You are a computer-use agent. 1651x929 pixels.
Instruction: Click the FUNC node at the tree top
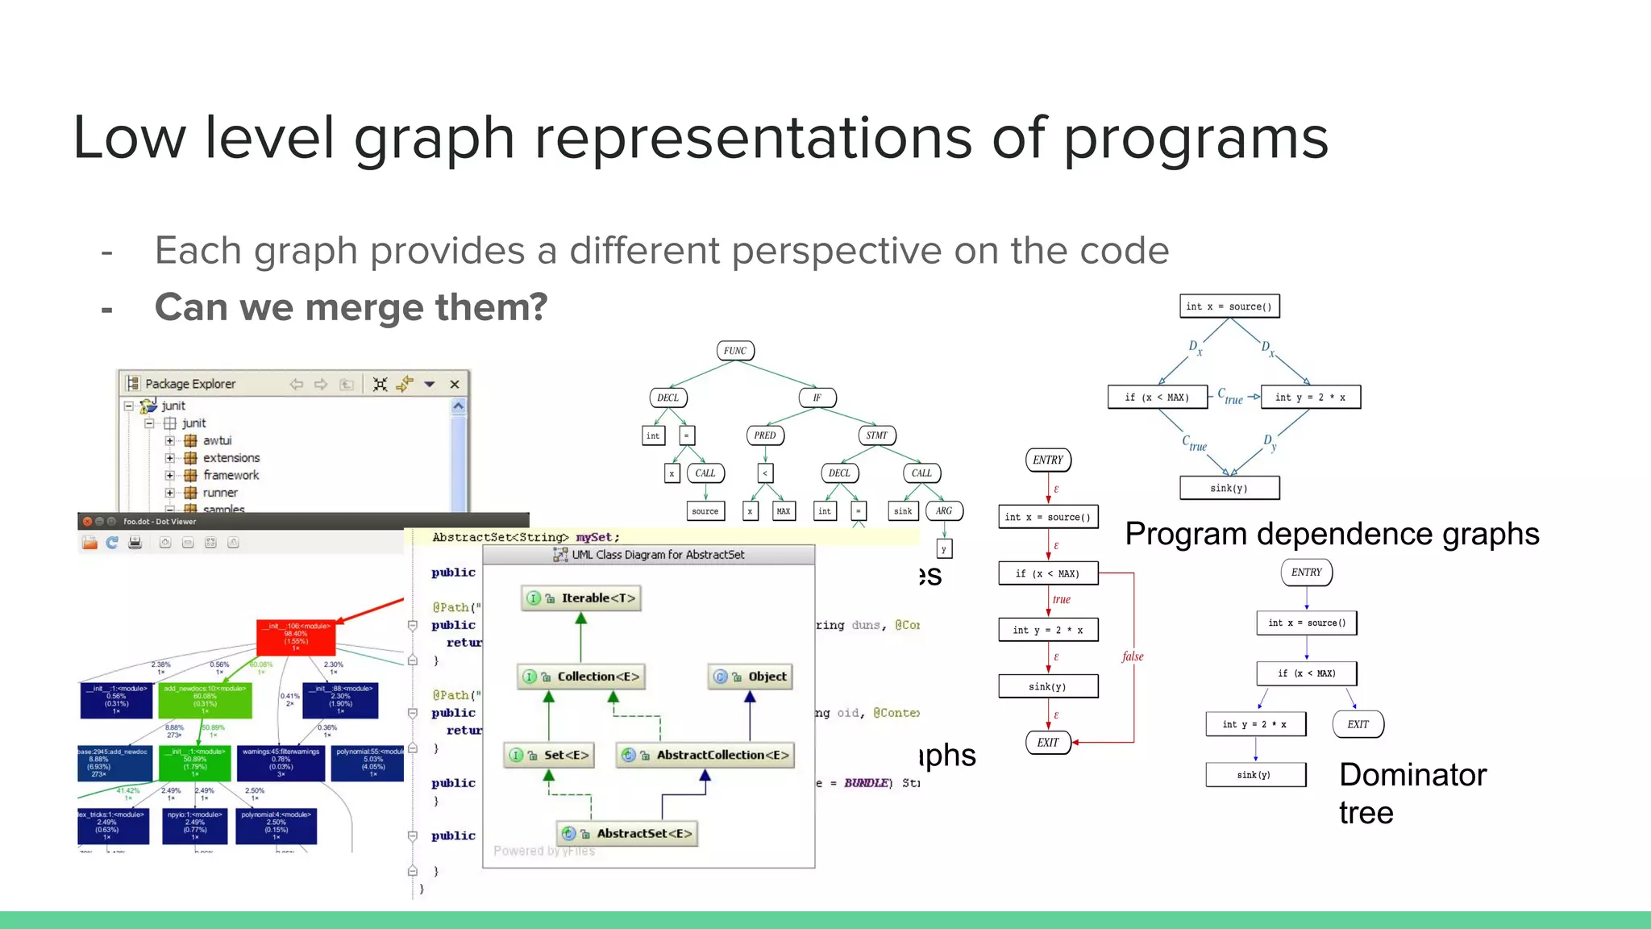tap(734, 351)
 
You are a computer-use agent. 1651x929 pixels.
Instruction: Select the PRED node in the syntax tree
tap(764, 435)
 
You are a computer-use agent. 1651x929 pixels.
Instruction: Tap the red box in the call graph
tap(295, 638)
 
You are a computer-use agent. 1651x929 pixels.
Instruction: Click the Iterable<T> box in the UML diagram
tap(581, 598)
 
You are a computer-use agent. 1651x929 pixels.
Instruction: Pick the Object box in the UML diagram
tap(751, 677)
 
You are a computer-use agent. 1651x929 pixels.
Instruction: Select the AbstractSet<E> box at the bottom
tap(627, 833)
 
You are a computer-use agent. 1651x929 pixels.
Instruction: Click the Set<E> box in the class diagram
tap(549, 755)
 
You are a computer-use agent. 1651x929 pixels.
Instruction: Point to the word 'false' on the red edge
tap(1132, 656)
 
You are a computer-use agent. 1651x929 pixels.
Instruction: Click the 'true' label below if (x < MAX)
tap(1061, 599)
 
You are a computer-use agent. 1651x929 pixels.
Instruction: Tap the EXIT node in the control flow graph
tap(1047, 743)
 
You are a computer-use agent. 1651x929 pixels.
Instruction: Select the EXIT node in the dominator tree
tap(1358, 724)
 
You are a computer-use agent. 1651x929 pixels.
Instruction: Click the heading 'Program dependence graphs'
tap(1332, 534)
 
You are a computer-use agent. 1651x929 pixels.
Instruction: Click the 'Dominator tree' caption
tap(1412, 793)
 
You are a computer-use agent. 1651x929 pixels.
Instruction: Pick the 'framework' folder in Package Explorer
tap(231, 475)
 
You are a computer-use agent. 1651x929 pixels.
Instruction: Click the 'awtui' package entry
tap(217, 440)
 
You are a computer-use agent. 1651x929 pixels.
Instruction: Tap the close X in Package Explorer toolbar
tap(455, 385)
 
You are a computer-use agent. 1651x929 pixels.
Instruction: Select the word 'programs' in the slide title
tap(1196, 139)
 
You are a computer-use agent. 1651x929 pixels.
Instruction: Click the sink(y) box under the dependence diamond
tap(1229, 488)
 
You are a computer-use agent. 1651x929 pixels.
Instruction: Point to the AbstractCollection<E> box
tap(705, 755)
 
